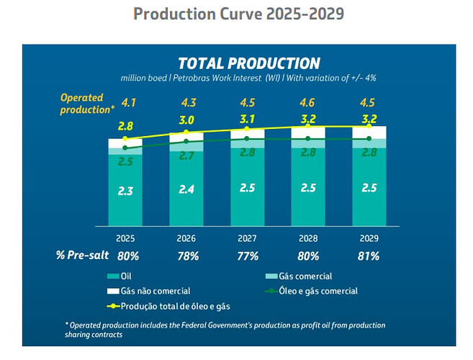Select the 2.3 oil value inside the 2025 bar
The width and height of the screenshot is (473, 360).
(x=126, y=192)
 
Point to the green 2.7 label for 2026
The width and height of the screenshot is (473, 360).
(x=187, y=156)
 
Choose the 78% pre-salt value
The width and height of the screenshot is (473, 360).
(x=187, y=255)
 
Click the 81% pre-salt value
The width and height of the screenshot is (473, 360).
(x=369, y=255)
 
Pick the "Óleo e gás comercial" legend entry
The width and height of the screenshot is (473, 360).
(x=317, y=291)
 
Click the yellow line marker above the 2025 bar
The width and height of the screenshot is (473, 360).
(x=125, y=139)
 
